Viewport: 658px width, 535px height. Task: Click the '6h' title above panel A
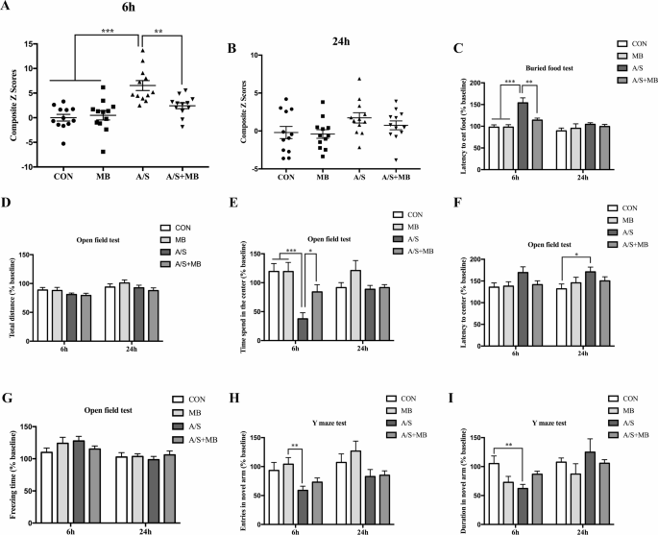click(x=128, y=8)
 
